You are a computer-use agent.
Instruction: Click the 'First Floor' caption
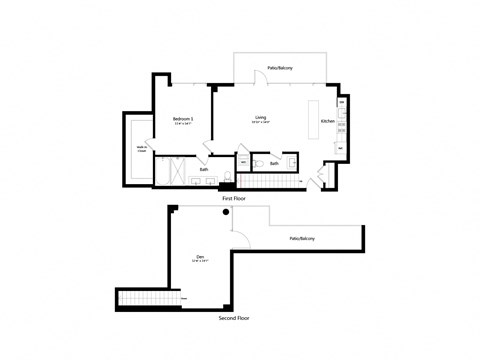(233, 199)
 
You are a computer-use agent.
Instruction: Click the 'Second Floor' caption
(233, 317)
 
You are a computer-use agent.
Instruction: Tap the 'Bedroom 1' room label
(182, 119)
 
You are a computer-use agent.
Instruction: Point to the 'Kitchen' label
(327, 121)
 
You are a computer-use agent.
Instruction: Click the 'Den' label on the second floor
(200, 258)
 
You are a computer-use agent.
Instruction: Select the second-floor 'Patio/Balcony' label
(303, 239)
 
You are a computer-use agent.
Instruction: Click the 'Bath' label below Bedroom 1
(204, 169)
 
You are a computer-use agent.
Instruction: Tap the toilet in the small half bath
(258, 161)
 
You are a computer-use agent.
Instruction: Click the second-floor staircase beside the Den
(141, 298)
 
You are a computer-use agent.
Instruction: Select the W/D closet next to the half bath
(243, 161)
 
